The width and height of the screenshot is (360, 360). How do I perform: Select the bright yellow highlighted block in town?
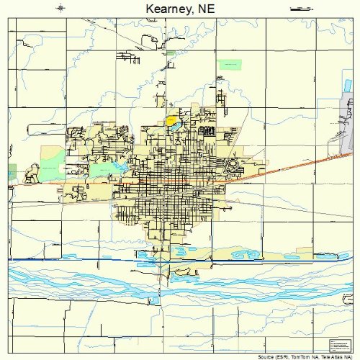[x=172, y=121]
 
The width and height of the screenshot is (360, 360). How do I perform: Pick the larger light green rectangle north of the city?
[x=230, y=64]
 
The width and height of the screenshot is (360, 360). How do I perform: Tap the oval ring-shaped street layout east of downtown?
[x=233, y=166]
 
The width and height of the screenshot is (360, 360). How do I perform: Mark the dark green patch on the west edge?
[x=12, y=171]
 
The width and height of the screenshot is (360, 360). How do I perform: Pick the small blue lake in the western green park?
[x=115, y=168]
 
